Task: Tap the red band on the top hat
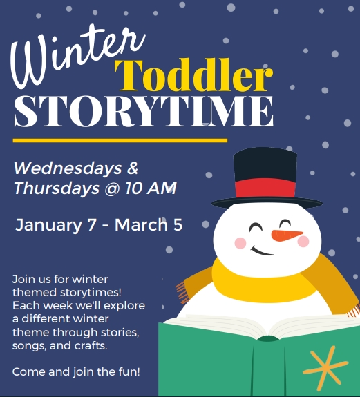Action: (265, 188)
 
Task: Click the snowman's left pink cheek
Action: (240, 243)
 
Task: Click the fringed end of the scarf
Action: (182, 286)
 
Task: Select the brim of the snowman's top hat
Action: (267, 203)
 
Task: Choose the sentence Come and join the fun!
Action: (76, 371)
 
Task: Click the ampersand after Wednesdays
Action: (133, 168)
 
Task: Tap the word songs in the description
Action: (28, 345)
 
